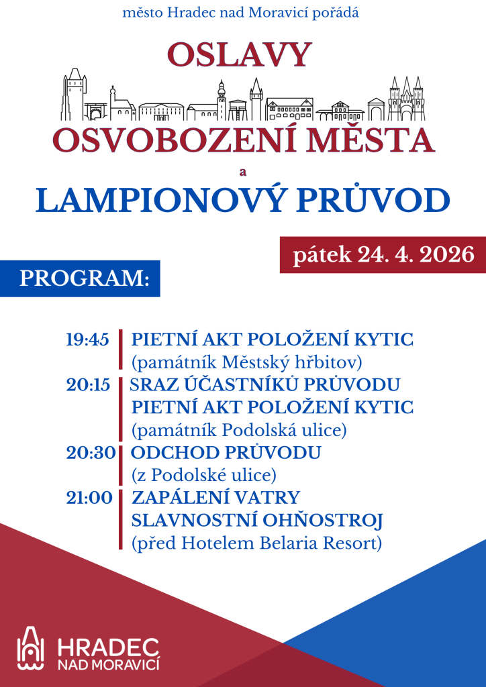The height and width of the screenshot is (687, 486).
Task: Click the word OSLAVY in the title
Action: [240, 54]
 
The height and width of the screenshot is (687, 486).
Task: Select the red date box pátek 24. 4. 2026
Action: [383, 255]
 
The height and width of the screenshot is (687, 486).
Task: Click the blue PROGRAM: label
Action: [84, 278]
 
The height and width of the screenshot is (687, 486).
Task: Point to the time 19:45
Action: [88, 339]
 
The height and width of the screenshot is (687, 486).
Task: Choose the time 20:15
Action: [88, 384]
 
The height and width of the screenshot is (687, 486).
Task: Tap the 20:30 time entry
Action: [91, 453]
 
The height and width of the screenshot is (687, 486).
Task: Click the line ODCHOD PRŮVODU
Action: [226, 453]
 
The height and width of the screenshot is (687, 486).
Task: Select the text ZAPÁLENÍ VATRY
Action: [215, 498]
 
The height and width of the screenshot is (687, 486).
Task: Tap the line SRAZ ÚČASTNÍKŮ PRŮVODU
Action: [265, 384]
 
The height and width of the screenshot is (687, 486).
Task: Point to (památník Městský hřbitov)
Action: [246, 362]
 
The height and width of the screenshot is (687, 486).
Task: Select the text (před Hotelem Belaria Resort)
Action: [256, 543]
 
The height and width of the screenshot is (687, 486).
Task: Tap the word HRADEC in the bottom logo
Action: [109, 647]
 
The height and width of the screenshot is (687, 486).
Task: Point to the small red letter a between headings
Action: [243, 172]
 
